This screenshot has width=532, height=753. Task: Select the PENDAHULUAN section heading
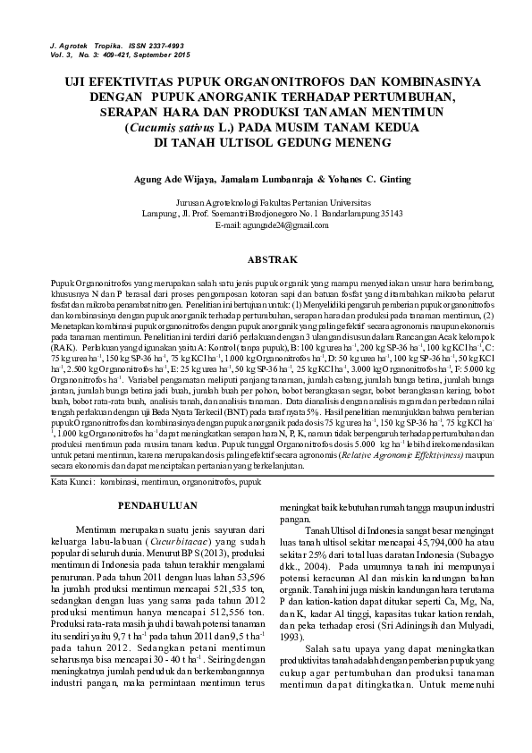click(158, 505)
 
